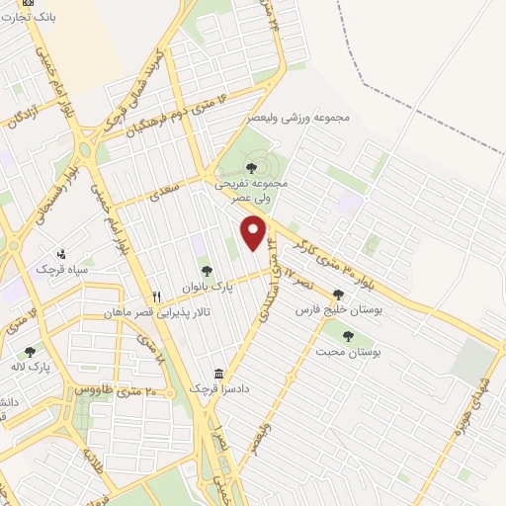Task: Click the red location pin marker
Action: (x=254, y=233)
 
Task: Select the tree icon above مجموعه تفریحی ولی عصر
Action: (x=248, y=167)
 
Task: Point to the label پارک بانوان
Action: (x=206, y=287)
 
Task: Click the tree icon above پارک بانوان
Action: (x=206, y=271)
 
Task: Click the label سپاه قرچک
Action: (x=63, y=269)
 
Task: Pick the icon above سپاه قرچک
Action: (x=63, y=253)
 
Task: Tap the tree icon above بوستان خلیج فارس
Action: (x=339, y=294)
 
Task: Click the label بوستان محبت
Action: (x=349, y=351)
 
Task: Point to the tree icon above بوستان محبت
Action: (x=349, y=335)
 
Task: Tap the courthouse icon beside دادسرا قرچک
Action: (x=218, y=375)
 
